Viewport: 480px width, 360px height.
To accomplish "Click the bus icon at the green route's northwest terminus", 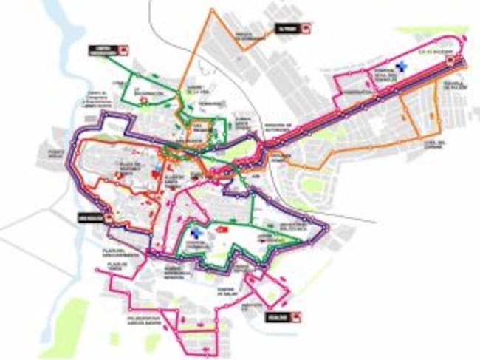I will [123, 50].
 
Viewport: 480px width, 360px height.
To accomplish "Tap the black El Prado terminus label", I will [285, 28].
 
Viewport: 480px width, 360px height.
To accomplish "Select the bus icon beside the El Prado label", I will [304, 28].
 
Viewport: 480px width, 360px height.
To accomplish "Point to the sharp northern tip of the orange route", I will [213, 10].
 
